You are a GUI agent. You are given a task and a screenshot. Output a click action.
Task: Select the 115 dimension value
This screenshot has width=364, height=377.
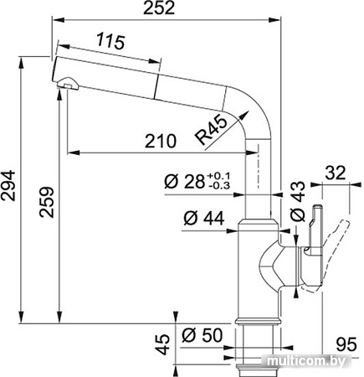[105, 39]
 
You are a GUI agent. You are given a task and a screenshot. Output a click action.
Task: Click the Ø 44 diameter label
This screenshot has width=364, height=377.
[200, 219]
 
